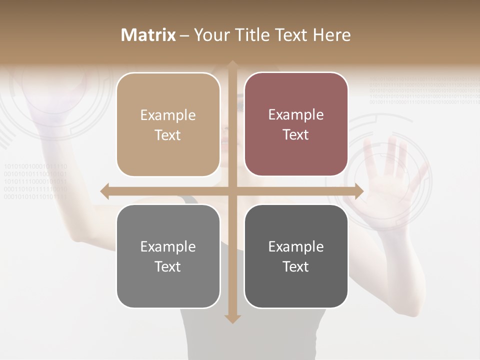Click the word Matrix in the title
pos(148,35)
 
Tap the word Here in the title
pos(331,35)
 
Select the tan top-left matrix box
pos(168,124)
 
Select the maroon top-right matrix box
pos(296,124)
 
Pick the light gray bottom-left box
pos(168,256)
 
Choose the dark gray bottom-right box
pos(296,256)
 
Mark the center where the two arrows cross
pos(232,191)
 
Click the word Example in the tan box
pos(168,115)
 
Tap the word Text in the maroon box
pos(296,135)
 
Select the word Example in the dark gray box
pos(296,246)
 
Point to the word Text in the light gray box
pos(168,266)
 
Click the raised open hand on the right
pos(392,175)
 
